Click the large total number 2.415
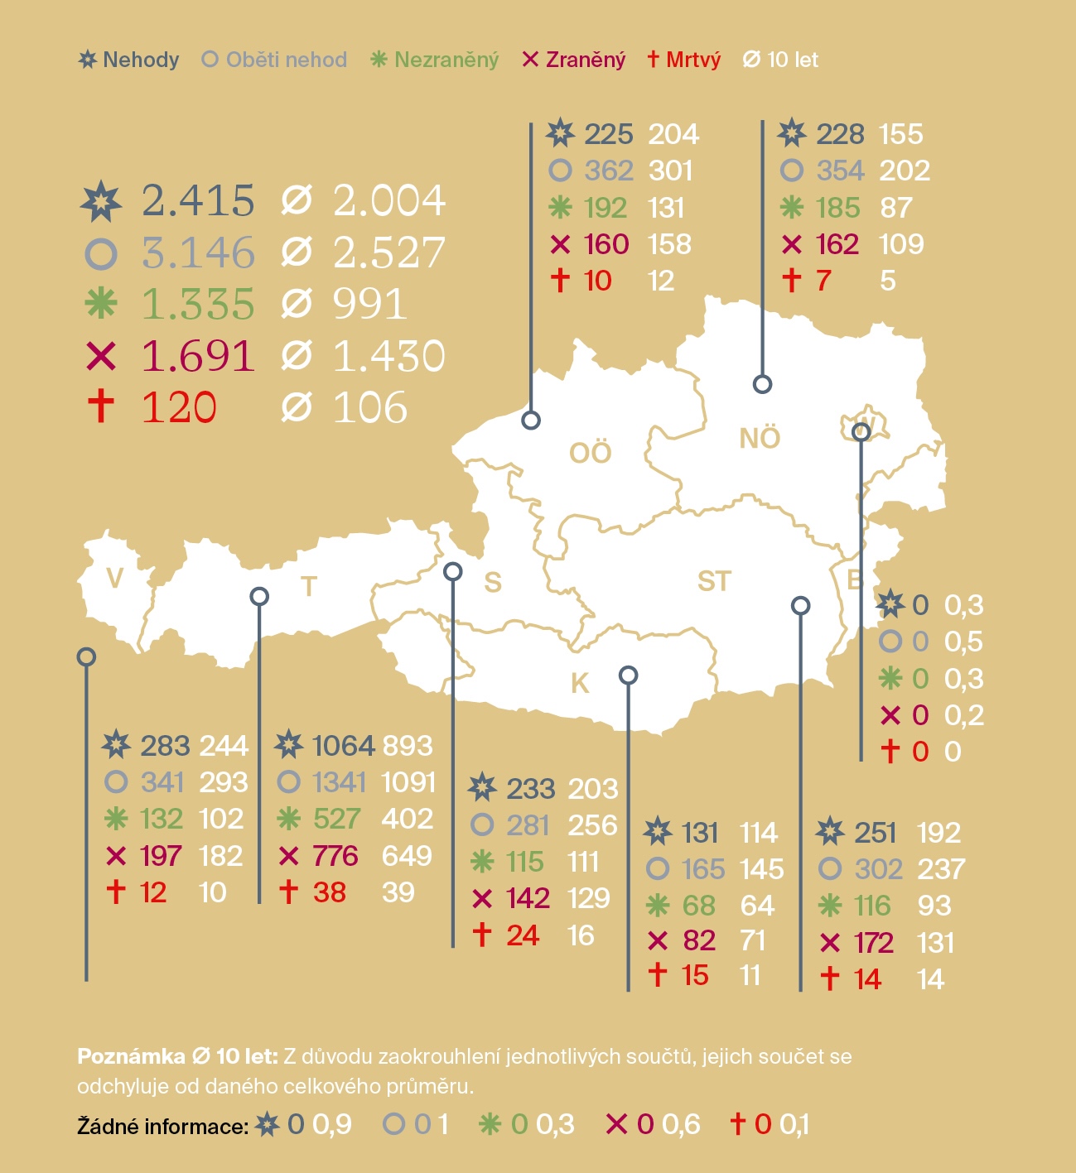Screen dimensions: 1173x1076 (x=197, y=200)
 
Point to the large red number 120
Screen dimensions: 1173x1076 (x=179, y=407)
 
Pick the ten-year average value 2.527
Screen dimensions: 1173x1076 (x=389, y=252)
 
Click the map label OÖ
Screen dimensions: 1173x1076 (x=591, y=453)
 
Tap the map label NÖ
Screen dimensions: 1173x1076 (x=760, y=438)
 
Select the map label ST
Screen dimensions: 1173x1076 (x=714, y=581)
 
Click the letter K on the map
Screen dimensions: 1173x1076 (x=580, y=683)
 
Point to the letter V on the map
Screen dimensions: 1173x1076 (x=115, y=578)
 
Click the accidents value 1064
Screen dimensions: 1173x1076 (x=343, y=746)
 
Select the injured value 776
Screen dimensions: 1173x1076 (x=335, y=855)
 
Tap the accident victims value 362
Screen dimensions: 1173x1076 (x=609, y=171)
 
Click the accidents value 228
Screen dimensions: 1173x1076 (x=840, y=134)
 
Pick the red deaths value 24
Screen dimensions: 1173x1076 (x=523, y=935)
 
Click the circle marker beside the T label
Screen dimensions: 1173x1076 (x=259, y=596)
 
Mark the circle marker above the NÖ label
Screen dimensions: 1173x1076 (x=762, y=384)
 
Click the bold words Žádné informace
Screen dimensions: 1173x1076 (x=162, y=1126)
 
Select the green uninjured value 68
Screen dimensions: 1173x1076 (x=699, y=906)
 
